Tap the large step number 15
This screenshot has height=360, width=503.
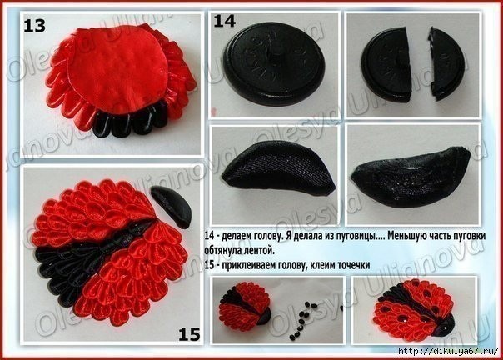pyautogui.click(x=189, y=334)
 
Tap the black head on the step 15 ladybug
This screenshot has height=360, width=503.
pyautogui.click(x=176, y=203)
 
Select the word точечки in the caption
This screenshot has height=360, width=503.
pyautogui.click(x=349, y=266)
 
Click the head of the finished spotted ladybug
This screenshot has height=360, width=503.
pyautogui.click(x=461, y=324)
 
